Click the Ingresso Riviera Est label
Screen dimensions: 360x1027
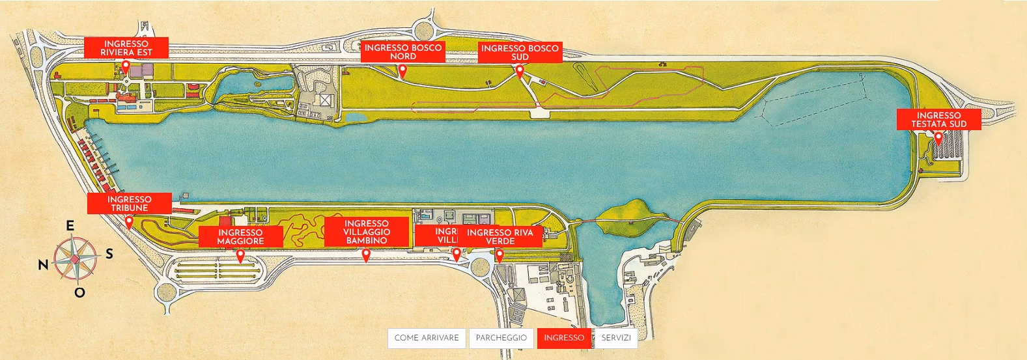[126, 48]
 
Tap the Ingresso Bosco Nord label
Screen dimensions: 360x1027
[402, 51]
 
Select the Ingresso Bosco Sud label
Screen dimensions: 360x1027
[520, 52]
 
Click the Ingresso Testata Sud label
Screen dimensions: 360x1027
[938, 119]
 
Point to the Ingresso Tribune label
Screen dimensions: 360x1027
[129, 203]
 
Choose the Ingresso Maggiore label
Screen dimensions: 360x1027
[240, 236]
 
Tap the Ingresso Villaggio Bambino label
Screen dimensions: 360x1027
[366, 232]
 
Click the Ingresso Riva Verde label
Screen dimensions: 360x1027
[500, 236]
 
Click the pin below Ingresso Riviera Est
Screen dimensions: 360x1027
[126, 66]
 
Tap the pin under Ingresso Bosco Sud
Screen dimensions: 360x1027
[520, 70]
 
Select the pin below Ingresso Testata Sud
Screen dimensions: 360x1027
[938, 137]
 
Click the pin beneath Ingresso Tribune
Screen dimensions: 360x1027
[129, 222]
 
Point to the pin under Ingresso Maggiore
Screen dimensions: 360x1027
[240, 255]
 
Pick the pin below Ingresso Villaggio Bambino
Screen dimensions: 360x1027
[366, 255]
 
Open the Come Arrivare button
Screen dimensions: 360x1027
[427, 338]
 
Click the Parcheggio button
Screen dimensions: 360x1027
[501, 338]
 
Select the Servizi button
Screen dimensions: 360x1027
[616, 338]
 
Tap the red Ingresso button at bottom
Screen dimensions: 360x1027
[564, 338]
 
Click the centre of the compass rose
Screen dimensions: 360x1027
[75, 260]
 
